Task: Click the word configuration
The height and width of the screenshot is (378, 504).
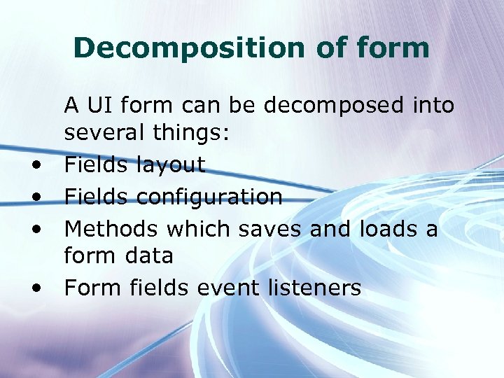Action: click(209, 197)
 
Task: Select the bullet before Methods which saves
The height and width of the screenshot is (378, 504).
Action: click(34, 230)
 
